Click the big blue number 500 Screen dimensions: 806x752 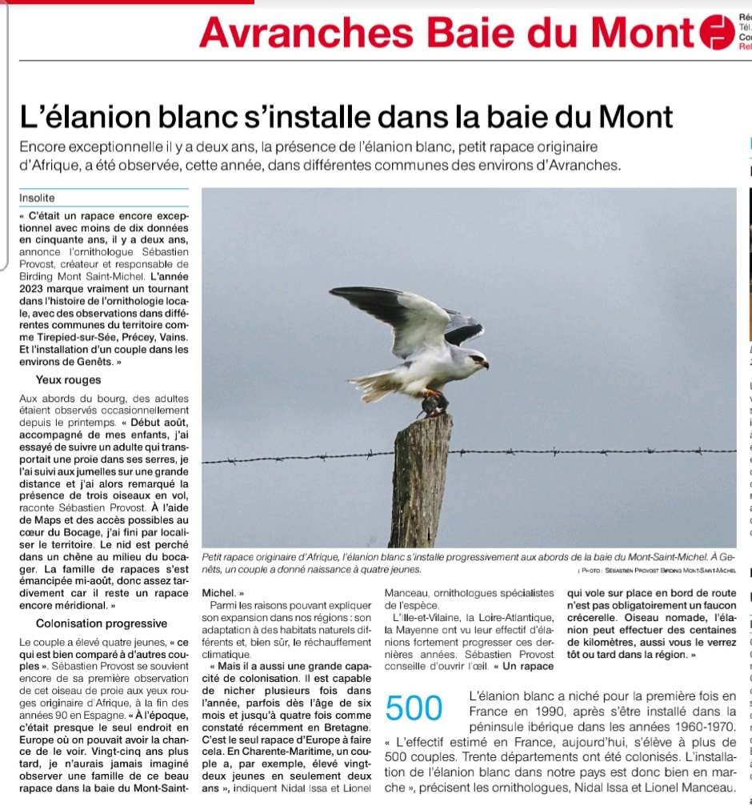click(414, 708)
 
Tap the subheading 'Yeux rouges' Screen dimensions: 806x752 click(68, 380)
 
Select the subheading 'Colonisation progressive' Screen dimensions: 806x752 click(102, 624)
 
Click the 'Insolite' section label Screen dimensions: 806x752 click(37, 198)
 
